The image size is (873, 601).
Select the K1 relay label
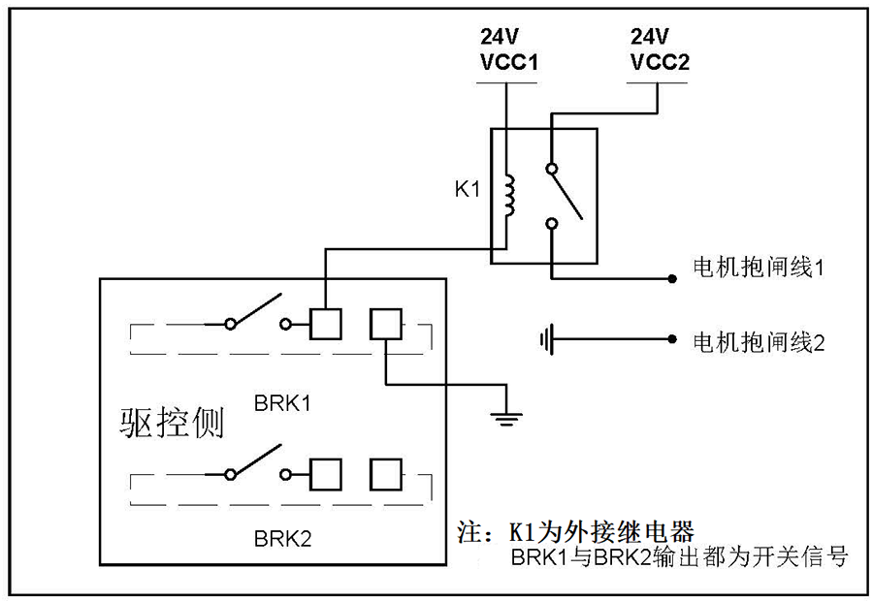click(468, 189)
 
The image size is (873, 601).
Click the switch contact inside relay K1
click(565, 195)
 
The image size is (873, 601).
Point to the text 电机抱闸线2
click(757, 341)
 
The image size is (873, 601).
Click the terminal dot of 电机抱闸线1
click(671, 280)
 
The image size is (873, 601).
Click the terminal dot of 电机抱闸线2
click(671, 340)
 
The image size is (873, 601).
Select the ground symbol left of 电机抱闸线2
click(547, 340)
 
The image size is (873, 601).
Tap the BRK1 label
click(282, 401)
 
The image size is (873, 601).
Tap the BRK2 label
click(282, 538)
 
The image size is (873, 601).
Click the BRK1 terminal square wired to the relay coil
click(325, 324)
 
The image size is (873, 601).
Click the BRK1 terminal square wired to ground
click(386, 324)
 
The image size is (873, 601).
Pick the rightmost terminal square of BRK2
click(386, 474)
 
